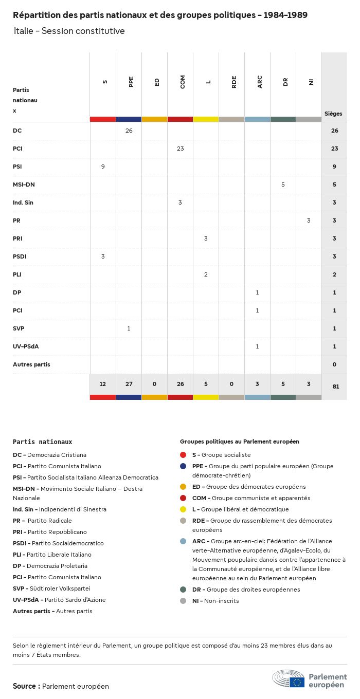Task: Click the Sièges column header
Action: point(333,114)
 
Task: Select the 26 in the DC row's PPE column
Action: point(129,131)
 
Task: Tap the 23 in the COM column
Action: point(180,149)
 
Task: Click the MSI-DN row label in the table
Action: point(24,185)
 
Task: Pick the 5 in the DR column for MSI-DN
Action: point(283,185)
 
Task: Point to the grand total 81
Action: point(335,386)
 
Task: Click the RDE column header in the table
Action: point(234,82)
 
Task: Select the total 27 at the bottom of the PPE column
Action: point(129,384)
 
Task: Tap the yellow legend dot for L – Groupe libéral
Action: point(183,509)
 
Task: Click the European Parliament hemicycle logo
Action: point(289,678)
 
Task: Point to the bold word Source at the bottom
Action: point(24,686)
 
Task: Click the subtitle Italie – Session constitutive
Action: point(69,31)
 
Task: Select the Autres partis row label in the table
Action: point(31,364)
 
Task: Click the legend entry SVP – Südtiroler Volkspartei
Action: point(51,588)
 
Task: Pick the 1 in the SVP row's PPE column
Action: point(129,328)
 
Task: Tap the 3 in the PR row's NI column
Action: point(309,220)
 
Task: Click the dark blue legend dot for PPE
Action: point(183,466)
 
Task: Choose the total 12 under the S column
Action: point(103,384)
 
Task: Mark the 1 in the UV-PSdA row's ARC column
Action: point(257,346)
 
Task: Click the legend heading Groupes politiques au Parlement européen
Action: point(239,442)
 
